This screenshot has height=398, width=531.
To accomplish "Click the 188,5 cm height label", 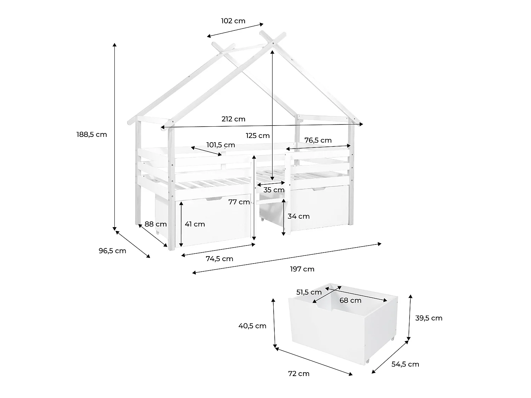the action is point(92,134).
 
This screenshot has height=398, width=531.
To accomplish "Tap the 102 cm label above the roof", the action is point(233,21).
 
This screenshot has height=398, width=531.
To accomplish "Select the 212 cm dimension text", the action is point(233,119).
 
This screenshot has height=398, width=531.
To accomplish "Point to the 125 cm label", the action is point(258,135).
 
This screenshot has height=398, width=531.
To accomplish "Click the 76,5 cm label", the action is point(318,140).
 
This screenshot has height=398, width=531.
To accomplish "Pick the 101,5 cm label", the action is point(221,145).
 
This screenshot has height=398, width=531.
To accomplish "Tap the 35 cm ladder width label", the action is point(274,190).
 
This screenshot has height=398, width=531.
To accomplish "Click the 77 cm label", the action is point(239,202).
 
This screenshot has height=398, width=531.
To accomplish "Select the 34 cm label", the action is point(298,216).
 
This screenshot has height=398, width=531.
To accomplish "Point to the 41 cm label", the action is point(195,224).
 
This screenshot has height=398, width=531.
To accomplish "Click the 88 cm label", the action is point(155,224).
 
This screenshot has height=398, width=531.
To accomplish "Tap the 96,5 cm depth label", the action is point(113,251).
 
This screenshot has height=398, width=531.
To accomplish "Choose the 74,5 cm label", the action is point(219,259).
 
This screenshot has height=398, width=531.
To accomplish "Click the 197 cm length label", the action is point(302,269).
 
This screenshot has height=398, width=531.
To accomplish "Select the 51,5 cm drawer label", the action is point(309,293).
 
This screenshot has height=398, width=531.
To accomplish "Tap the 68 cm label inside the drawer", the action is point(350,300).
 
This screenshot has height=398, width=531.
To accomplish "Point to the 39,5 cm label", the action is point(429,318).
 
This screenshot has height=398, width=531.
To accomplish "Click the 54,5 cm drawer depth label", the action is point(405,364).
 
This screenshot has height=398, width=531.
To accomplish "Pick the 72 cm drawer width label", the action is point(299,374).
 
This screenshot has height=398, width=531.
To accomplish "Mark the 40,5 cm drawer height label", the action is point(252,326).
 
